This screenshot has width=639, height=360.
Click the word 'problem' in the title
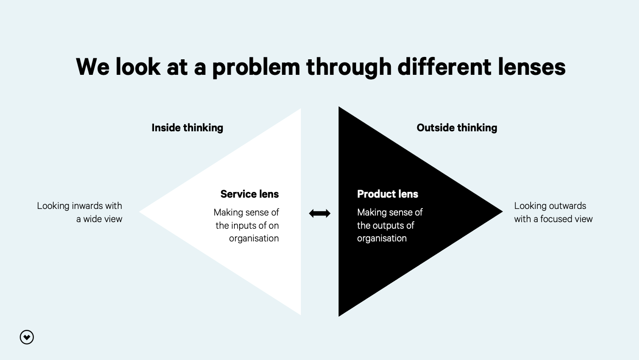click(256, 67)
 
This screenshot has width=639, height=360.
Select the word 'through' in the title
click(349, 67)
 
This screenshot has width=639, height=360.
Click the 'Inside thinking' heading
click(187, 128)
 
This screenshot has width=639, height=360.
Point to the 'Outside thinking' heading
click(457, 128)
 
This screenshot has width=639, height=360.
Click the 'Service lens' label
click(250, 194)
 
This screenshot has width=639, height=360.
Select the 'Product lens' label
click(388, 194)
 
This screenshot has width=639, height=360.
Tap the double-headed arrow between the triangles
click(320, 214)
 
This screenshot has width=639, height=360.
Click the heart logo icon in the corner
click(27, 337)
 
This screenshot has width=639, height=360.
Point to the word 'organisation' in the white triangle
click(254, 238)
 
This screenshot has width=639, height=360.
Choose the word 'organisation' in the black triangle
click(382, 238)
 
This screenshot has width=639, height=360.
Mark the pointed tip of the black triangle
click(501, 212)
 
